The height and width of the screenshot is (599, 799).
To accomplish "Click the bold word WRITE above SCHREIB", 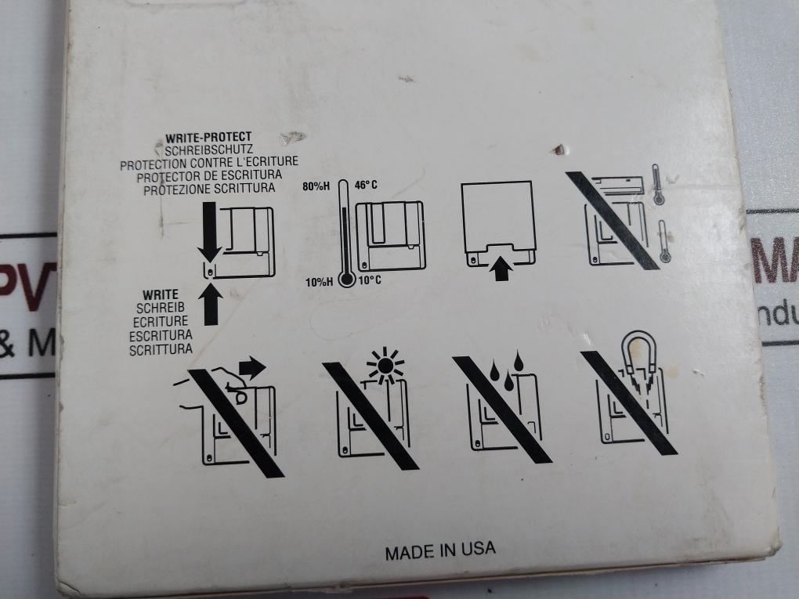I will click(x=161, y=295).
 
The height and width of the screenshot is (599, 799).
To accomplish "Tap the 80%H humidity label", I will click(x=316, y=187).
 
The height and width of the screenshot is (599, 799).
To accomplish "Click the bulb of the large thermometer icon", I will click(x=346, y=279).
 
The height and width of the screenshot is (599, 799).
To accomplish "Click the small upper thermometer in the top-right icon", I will click(x=656, y=185).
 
